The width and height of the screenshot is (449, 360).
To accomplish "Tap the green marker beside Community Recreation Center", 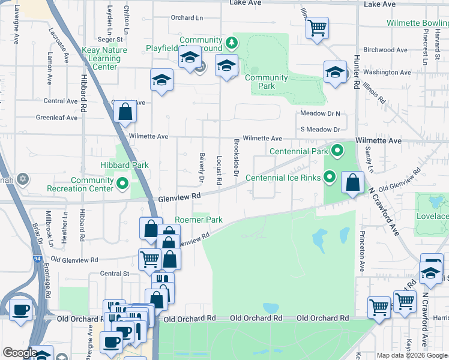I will tap(122, 184).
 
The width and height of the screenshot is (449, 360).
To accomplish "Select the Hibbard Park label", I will tap(124, 165).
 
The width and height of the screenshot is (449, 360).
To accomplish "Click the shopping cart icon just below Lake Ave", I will tap(316, 28).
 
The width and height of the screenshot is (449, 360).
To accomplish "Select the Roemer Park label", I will tap(198, 220).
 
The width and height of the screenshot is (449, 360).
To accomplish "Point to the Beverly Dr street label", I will tap(202, 167).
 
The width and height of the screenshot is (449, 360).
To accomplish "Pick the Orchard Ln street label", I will tap(187, 17).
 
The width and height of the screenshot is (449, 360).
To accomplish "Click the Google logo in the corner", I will tap(19, 353).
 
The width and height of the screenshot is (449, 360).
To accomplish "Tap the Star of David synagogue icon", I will tap(23, 179).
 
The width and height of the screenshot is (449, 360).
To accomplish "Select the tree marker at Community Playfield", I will tap(232, 42).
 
